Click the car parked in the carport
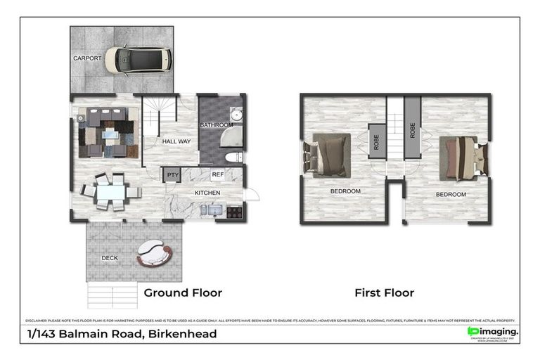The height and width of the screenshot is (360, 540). click(139, 60)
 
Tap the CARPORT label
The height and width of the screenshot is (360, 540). click(88, 58)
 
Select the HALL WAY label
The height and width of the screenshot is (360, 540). click(176, 141)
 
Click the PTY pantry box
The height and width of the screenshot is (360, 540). click(172, 175)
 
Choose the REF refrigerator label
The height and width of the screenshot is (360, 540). click(218, 175)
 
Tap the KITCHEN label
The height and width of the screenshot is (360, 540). click(207, 192)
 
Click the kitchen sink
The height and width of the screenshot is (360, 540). click(214, 210)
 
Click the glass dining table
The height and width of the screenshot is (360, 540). click(110, 191)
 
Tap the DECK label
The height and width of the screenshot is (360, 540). click(109, 258)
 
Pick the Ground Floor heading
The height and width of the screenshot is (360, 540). click(183, 292)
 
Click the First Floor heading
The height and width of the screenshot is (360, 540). click(384, 292)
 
